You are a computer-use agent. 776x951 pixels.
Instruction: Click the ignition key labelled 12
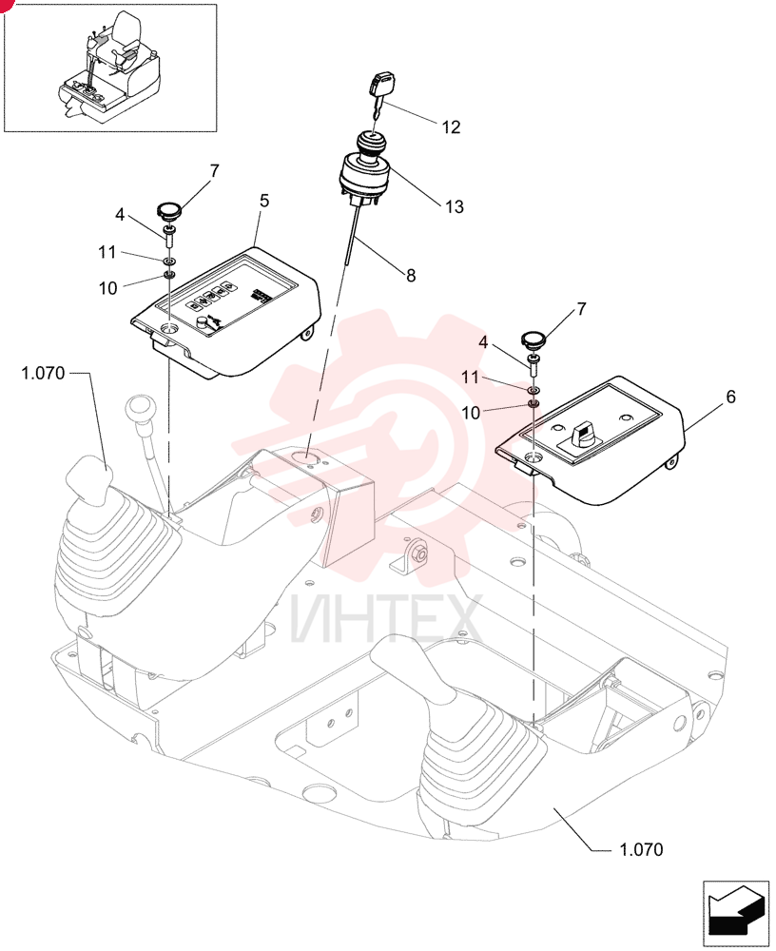[378, 93]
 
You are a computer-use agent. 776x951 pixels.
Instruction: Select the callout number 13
[454, 206]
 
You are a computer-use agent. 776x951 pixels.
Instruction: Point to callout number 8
[411, 276]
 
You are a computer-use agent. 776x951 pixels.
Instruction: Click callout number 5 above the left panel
[264, 201]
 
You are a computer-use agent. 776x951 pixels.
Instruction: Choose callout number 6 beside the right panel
[730, 397]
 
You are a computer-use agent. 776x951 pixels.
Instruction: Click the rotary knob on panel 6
[581, 431]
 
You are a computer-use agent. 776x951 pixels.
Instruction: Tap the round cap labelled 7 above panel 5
[169, 211]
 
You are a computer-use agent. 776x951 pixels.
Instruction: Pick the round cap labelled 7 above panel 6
[533, 340]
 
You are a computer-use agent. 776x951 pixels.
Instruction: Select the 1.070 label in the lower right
[641, 849]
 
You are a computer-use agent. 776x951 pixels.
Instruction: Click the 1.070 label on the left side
[43, 373]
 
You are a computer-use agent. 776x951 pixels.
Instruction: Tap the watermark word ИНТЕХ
[386, 619]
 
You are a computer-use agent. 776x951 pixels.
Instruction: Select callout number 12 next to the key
[451, 127]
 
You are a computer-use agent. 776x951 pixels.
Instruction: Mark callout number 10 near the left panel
[107, 288]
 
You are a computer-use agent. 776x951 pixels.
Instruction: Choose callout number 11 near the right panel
[470, 378]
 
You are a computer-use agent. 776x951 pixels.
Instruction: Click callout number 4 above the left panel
[120, 215]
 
